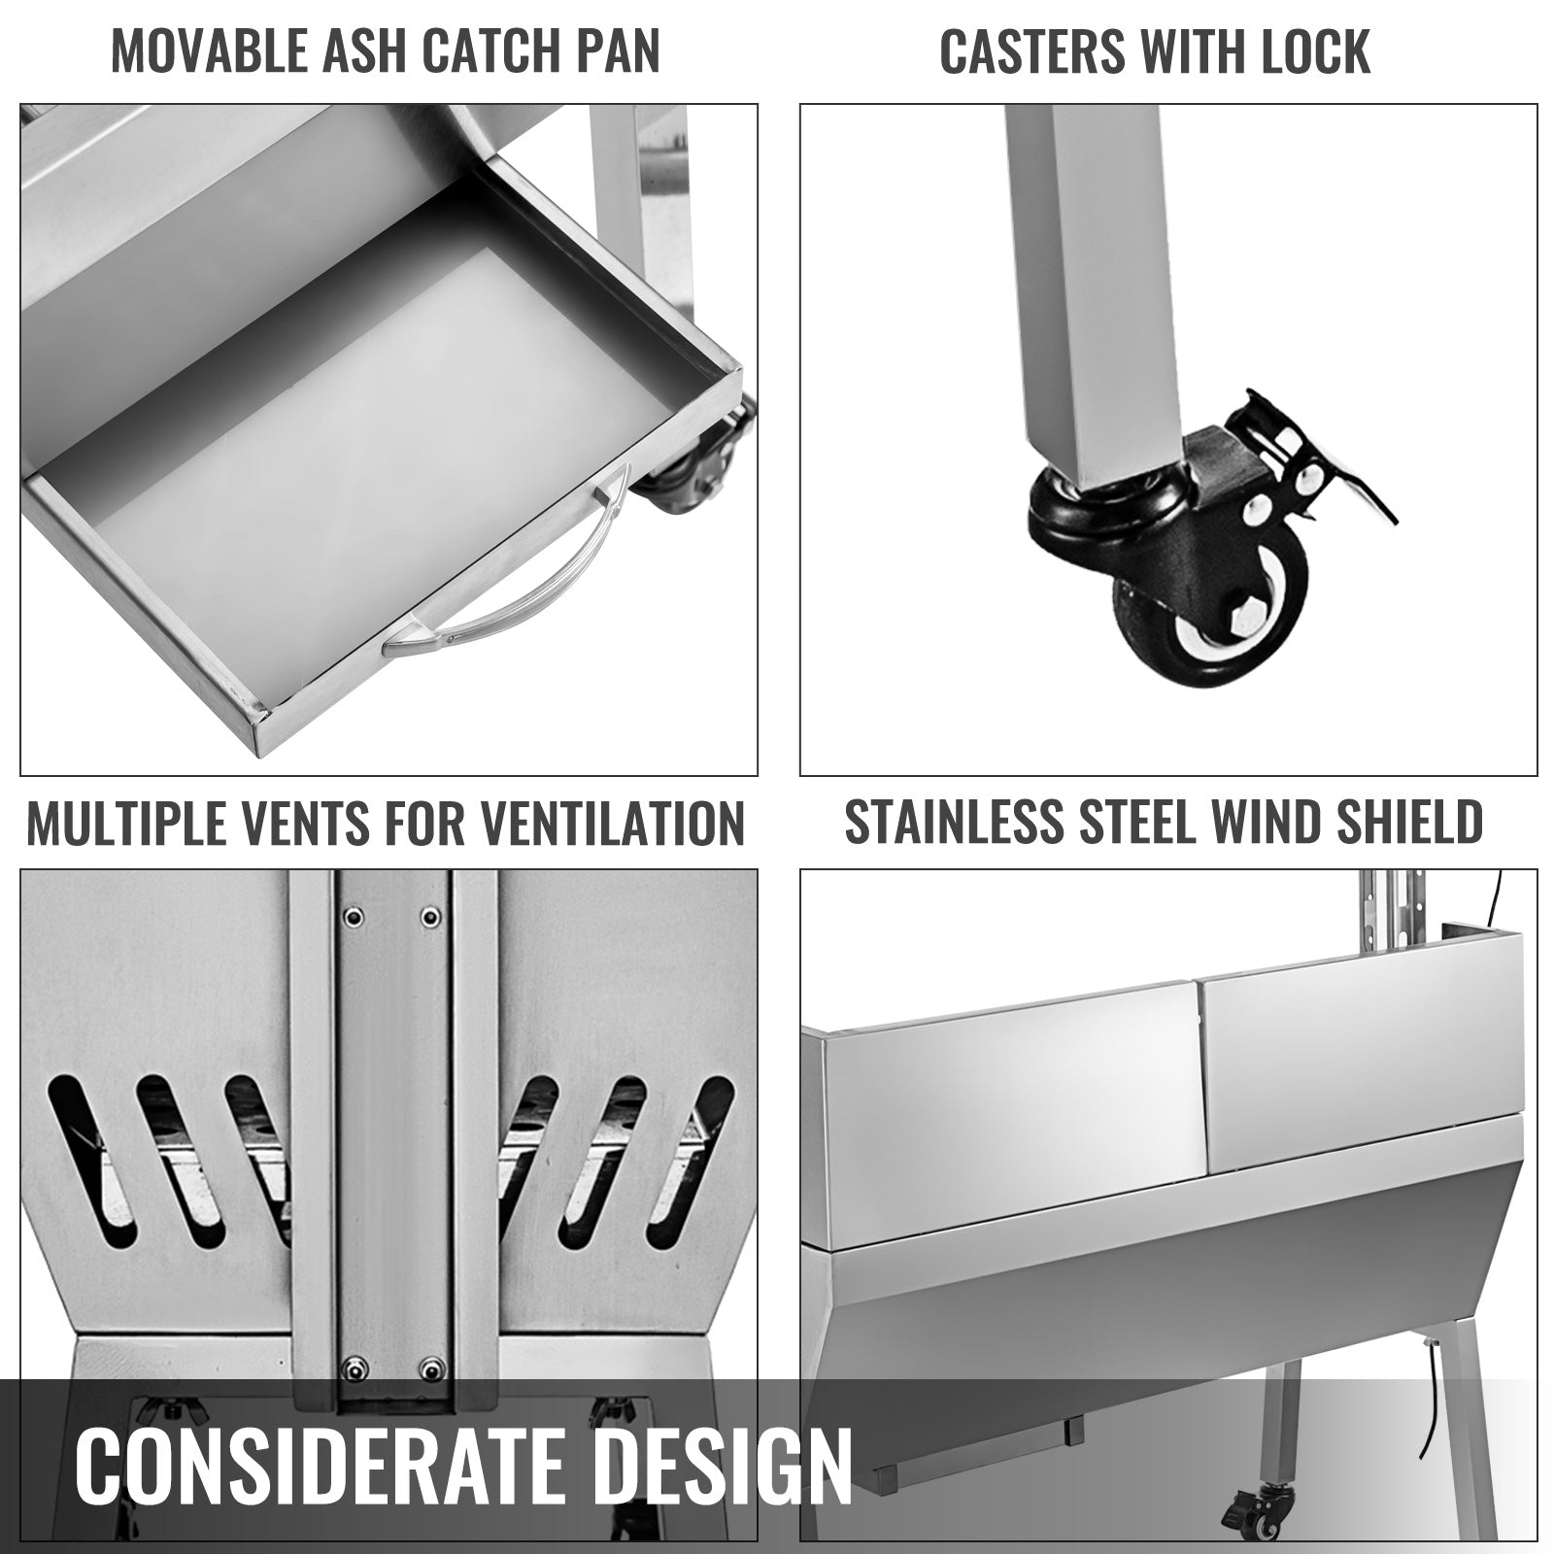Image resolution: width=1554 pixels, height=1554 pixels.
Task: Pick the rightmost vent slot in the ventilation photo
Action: [x=692, y=1161]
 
